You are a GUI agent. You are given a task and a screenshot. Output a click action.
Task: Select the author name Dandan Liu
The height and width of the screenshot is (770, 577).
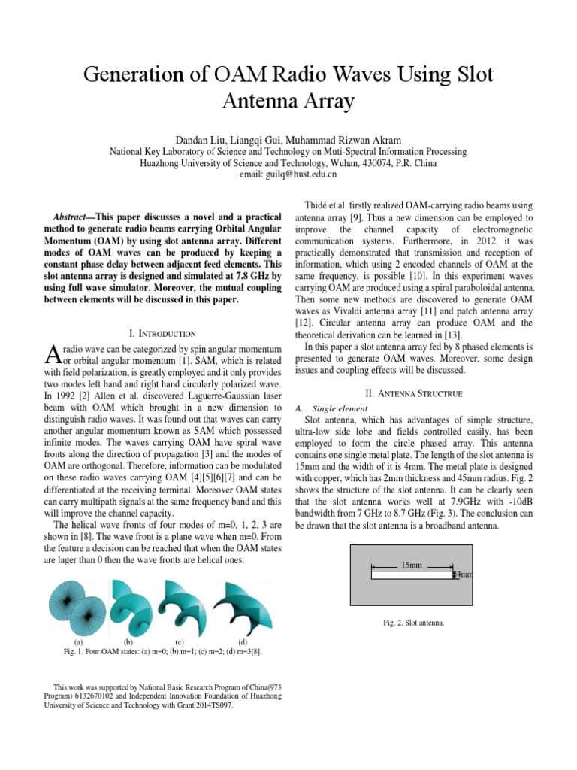[x=201, y=140]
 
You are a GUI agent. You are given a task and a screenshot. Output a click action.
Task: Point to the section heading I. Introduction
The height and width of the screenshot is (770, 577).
[x=163, y=332]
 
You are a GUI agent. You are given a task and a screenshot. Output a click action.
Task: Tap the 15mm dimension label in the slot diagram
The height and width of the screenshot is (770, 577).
[x=412, y=564]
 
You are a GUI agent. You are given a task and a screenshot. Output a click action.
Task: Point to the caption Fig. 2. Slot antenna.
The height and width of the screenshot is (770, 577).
[x=413, y=623]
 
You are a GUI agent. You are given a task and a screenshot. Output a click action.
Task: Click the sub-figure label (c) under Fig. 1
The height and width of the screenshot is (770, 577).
[x=180, y=642]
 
